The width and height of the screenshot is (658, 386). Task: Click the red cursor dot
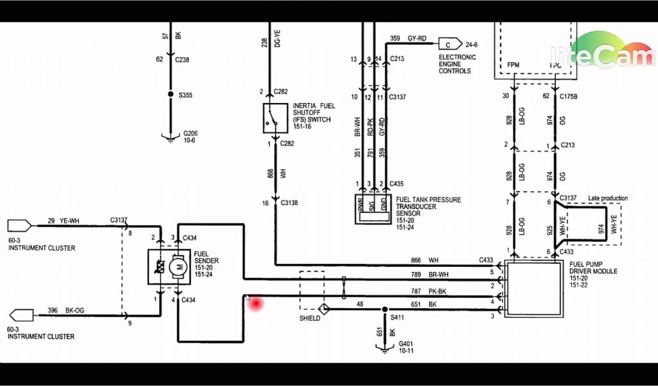point(256,303)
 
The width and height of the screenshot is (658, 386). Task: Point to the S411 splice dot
point(386,309)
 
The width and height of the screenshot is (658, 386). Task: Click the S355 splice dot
point(170,95)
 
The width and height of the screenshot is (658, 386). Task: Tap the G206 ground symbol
point(170,136)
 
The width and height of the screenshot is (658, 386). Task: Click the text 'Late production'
point(607,198)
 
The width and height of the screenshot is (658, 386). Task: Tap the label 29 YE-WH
point(64,221)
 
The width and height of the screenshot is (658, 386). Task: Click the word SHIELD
point(310,318)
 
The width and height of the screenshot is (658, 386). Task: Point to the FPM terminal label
point(513,65)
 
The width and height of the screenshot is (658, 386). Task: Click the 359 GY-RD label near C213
point(408,39)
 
